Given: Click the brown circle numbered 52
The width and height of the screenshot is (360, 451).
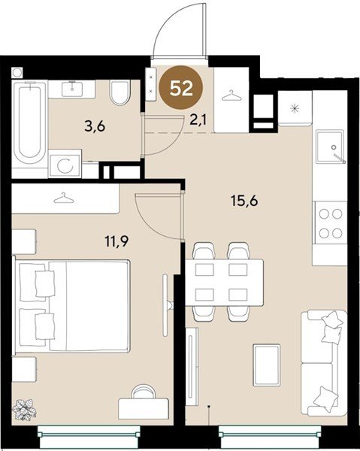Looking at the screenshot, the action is click(x=181, y=88).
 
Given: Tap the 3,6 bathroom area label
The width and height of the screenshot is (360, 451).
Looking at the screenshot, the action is click(x=95, y=126).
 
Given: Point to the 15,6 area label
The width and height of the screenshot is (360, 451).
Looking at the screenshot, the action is click(x=244, y=200).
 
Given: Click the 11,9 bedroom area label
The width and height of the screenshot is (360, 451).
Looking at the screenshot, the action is click(x=116, y=241).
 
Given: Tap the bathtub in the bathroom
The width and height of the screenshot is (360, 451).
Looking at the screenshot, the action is click(x=29, y=123).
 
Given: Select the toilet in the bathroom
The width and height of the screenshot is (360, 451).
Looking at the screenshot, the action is click(x=119, y=92).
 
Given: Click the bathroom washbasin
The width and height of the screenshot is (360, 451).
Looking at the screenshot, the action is click(x=72, y=89).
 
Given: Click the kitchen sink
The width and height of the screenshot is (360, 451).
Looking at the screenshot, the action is click(x=330, y=147).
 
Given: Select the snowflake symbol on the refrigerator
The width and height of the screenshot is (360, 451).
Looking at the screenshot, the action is click(x=295, y=108).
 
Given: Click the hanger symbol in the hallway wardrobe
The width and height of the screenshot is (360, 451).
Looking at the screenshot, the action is click(x=231, y=95).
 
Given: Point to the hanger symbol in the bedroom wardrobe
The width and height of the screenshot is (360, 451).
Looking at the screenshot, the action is click(x=64, y=198).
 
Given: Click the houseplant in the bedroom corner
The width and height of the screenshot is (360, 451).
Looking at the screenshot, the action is click(x=25, y=410).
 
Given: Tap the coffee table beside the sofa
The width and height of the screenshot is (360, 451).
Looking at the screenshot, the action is click(x=267, y=365).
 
